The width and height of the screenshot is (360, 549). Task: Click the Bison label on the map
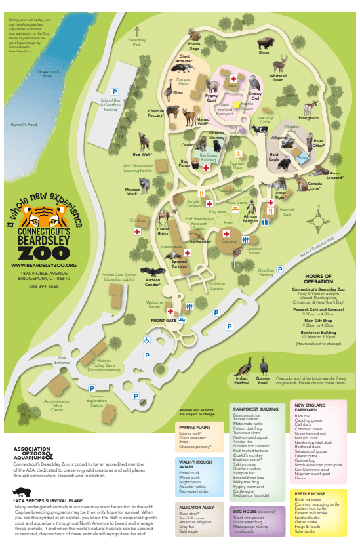click(x=264, y=52)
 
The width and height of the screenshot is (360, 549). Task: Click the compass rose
click(x=317, y=216)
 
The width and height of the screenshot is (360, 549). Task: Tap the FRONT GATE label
click(x=164, y=320)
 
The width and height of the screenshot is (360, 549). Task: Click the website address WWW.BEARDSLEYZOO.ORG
click(x=44, y=265)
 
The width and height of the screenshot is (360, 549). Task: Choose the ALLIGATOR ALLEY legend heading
click(x=195, y=507)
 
